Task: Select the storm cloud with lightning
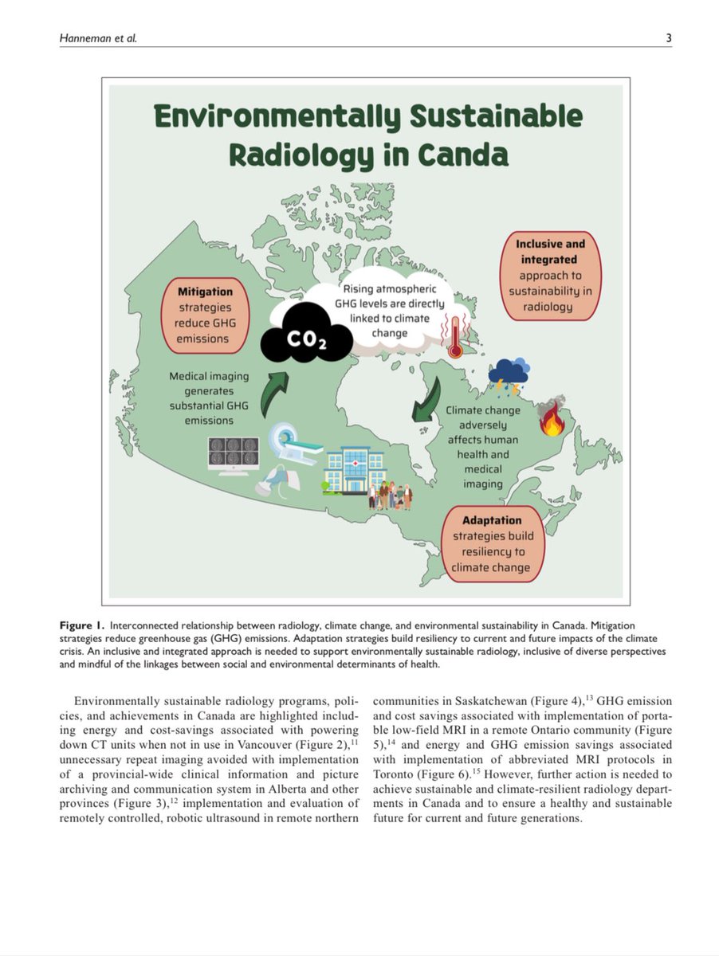[x=508, y=375]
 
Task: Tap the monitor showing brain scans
[x=233, y=455]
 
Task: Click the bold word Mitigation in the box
[x=206, y=292]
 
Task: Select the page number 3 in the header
[x=669, y=37]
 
